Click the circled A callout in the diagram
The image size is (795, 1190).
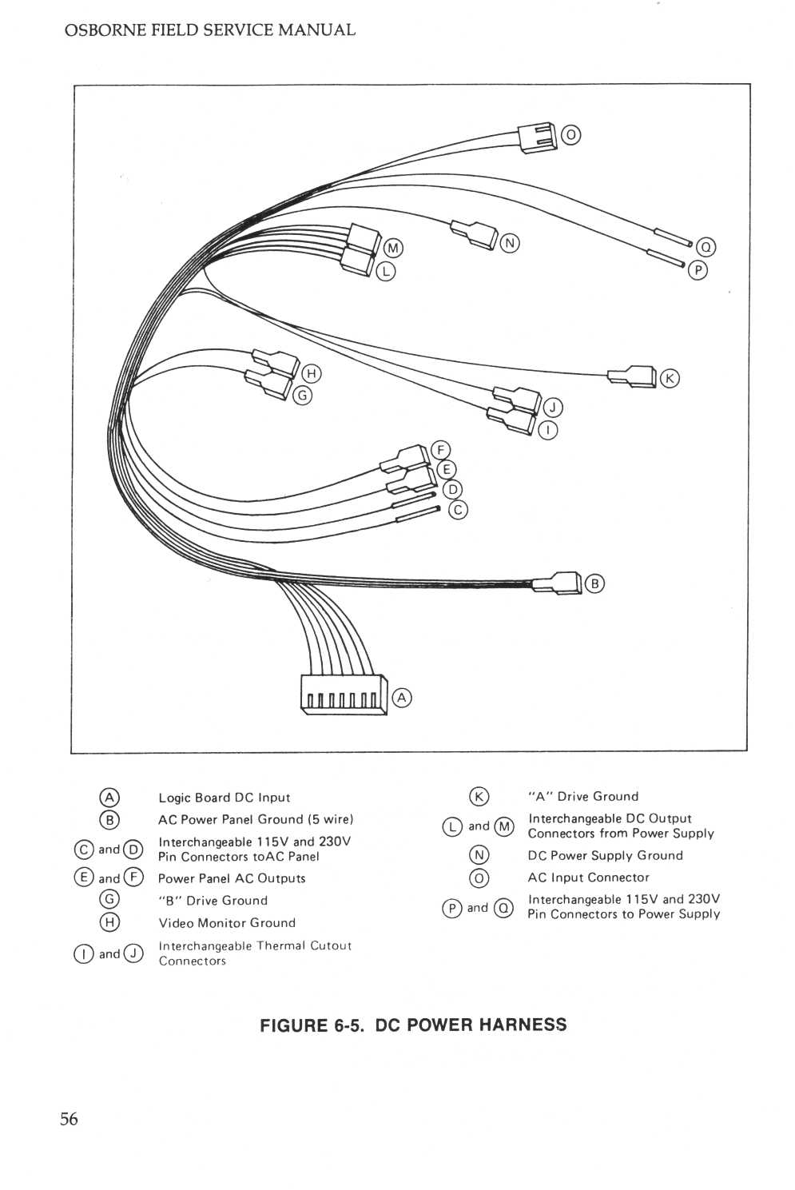point(402,698)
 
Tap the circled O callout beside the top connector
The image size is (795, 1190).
point(570,135)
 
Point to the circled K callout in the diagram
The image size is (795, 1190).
point(670,378)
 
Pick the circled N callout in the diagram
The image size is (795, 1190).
point(510,243)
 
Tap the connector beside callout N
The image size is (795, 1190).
point(475,233)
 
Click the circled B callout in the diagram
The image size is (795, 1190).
point(594,583)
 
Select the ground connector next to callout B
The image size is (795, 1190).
point(559,583)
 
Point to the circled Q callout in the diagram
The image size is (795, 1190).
point(706,248)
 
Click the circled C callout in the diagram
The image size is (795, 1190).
point(458,509)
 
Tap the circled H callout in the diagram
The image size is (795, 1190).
point(312,373)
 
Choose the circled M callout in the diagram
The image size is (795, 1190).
point(393,248)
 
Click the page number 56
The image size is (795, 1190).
point(69,1119)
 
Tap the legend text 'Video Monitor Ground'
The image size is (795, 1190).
point(227,923)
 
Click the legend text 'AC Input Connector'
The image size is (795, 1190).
point(588,878)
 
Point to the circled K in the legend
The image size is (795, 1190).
point(479,797)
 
